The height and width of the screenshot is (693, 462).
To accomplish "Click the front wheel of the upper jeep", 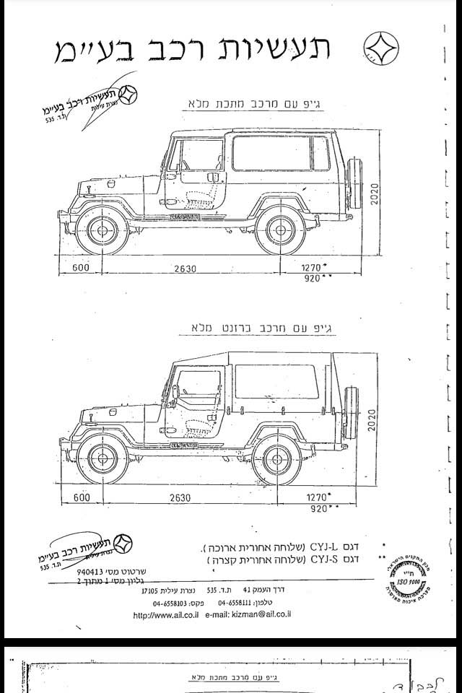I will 102,230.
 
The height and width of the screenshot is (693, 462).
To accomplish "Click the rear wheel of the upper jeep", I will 281,230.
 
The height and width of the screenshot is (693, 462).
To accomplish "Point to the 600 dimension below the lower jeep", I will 81,497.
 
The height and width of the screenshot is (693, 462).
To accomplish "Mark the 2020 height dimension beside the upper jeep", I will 375,193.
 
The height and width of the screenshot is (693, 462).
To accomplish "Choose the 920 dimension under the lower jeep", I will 317,509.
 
